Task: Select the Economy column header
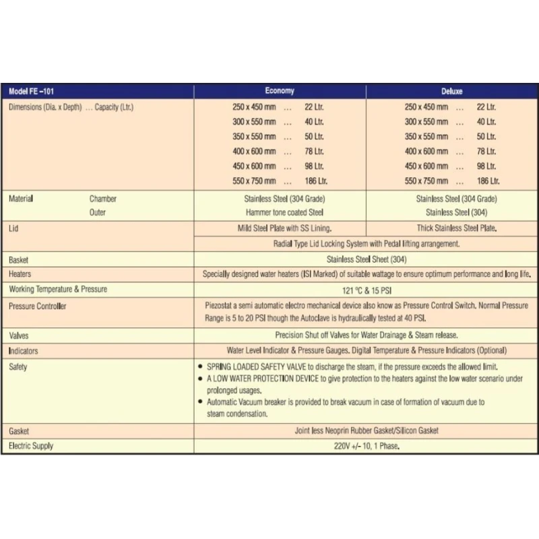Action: tap(280, 91)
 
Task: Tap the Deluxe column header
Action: tap(453, 91)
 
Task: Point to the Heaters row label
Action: tap(20, 274)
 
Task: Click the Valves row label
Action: tap(19, 335)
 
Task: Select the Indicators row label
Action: tap(24, 351)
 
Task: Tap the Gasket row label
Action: tap(19, 431)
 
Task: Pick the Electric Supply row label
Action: tap(31, 446)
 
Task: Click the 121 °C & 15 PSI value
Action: tap(366, 290)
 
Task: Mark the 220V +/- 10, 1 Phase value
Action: tap(366, 446)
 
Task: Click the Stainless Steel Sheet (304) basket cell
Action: tap(366, 259)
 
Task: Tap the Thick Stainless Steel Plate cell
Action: tap(456, 228)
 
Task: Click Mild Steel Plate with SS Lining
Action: tap(280, 228)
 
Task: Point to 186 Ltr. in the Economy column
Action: tap(314, 181)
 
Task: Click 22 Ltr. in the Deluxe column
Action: tap(486, 107)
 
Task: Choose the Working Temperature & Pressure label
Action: tap(58, 290)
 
